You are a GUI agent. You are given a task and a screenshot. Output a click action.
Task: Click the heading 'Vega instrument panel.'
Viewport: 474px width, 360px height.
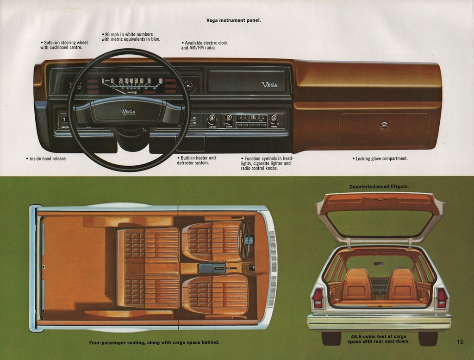233,20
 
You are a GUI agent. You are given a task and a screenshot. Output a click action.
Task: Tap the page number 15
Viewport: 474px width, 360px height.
460,342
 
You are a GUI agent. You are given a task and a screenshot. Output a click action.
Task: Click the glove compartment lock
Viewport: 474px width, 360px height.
384,126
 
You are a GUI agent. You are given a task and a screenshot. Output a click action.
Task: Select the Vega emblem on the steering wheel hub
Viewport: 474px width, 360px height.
128,112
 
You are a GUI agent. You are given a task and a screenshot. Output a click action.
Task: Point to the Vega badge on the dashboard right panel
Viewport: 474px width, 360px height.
269,85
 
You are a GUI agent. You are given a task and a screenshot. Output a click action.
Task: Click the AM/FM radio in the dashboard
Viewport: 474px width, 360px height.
251,121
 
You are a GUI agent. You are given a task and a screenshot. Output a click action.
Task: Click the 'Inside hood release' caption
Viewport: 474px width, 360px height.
46,158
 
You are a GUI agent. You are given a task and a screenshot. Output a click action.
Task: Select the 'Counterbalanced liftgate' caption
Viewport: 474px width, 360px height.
379,187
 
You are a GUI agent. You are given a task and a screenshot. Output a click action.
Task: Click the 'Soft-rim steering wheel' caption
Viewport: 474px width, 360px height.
64,45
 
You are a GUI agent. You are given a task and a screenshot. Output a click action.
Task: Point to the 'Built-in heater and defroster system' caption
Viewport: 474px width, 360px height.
196,160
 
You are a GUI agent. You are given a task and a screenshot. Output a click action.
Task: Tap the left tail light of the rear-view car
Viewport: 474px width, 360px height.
318,298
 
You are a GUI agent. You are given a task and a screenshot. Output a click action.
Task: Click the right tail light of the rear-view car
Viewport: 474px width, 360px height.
442,298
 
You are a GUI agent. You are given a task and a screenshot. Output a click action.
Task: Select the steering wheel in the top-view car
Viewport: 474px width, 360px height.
244,240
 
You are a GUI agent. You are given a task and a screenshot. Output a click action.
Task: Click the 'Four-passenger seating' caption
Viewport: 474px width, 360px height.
154,343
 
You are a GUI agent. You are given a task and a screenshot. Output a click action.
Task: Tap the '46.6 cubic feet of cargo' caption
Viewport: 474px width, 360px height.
379,339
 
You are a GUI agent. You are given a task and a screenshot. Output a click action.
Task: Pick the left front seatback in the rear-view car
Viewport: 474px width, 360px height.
357,284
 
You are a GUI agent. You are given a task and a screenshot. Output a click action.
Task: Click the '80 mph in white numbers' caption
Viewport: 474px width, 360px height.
131,37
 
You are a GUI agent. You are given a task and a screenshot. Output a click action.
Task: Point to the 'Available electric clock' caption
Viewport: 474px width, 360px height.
204,45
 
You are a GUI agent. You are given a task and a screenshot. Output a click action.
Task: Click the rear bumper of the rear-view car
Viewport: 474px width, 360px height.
379,322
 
